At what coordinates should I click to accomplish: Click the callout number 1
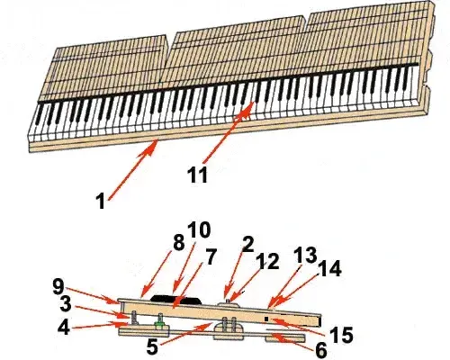(x=101, y=201)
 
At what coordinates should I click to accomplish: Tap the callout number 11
(x=197, y=175)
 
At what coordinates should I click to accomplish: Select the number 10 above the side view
(x=199, y=230)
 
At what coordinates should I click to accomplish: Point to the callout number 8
(x=178, y=242)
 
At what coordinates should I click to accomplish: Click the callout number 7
(x=210, y=256)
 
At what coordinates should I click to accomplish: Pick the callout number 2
(x=248, y=245)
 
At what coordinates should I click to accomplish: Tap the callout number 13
(x=305, y=256)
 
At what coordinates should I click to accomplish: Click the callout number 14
(x=329, y=268)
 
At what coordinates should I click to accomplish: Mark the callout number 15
(x=341, y=335)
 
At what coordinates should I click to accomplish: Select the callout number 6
(x=320, y=350)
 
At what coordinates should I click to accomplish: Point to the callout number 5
(x=152, y=346)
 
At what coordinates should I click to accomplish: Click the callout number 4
(x=64, y=327)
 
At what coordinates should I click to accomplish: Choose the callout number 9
(x=58, y=287)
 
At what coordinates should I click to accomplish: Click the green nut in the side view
(x=161, y=324)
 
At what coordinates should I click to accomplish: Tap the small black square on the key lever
(x=266, y=319)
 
